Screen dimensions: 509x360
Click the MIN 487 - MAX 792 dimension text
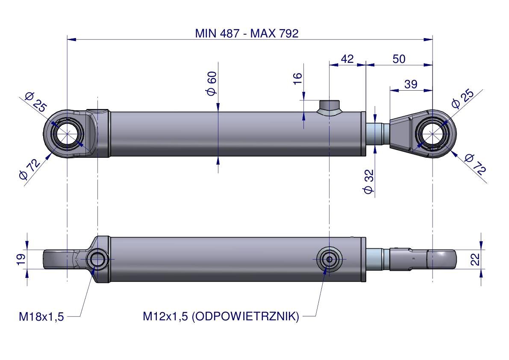(x=247, y=33)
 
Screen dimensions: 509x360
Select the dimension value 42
(x=347, y=59)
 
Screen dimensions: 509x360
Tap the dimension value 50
(x=399, y=59)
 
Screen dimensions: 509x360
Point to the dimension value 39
(x=411, y=84)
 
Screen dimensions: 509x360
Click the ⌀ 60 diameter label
(x=212, y=84)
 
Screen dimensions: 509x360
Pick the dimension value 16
(x=297, y=79)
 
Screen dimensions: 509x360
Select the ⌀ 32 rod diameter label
(x=369, y=182)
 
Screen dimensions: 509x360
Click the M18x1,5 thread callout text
(x=41, y=316)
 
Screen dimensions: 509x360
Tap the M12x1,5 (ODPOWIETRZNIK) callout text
(x=221, y=316)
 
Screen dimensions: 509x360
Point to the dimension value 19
(x=21, y=260)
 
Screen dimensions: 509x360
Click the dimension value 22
(x=475, y=260)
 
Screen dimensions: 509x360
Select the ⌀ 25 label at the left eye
(x=36, y=102)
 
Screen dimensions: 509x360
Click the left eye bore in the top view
(x=67, y=134)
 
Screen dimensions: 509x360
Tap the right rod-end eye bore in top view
(x=433, y=134)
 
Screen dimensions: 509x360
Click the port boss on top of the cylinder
(x=329, y=106)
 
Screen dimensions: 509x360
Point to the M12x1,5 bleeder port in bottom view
(x=329, y=260)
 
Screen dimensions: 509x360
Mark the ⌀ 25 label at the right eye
(x=462, y=98)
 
